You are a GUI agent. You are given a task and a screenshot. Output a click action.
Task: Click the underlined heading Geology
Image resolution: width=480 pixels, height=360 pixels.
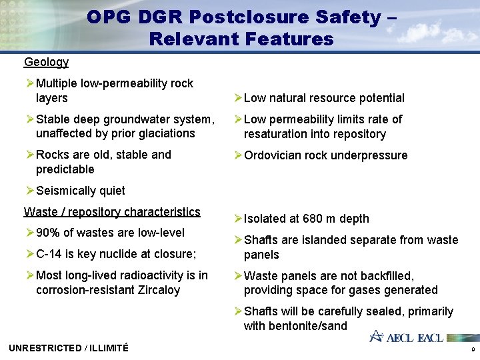46,62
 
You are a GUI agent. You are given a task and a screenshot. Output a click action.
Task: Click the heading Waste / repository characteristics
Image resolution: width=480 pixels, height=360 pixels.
112,212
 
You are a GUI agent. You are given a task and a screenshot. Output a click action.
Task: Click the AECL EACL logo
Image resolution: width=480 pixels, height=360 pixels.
406,337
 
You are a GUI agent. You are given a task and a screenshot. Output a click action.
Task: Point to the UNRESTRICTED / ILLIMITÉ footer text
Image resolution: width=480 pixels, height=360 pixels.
69,348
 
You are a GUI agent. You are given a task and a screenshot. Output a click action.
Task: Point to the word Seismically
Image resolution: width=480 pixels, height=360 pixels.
65,191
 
